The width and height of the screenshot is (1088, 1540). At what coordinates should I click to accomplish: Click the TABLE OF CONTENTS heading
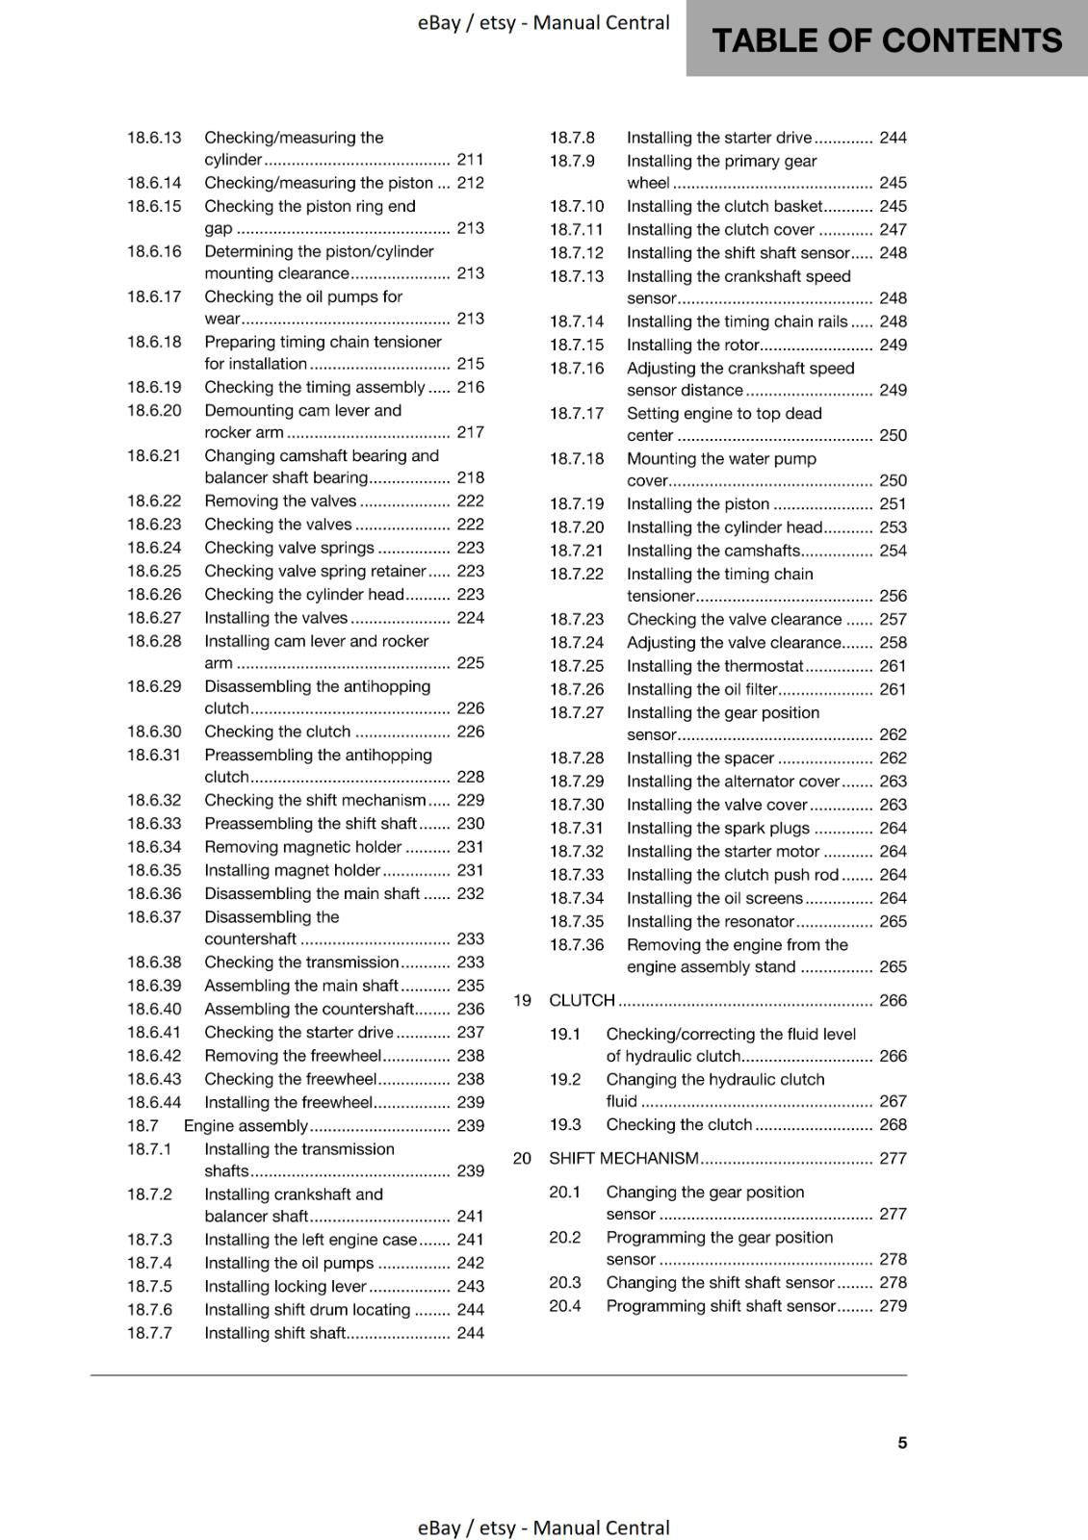886,40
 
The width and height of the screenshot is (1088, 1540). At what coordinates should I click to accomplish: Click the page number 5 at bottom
902,1442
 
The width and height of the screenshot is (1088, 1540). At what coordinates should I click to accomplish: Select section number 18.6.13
154,138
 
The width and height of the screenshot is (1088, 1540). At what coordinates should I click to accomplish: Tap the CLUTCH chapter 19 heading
582,1000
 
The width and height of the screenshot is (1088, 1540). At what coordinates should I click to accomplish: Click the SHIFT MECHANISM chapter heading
623,1158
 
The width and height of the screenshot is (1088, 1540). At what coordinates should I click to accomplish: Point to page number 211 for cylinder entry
470,160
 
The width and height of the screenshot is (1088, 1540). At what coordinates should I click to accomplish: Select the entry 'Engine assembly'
246,1125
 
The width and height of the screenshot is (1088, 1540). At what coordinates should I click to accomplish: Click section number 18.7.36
577,945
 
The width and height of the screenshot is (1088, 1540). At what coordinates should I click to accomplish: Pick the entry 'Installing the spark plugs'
717,828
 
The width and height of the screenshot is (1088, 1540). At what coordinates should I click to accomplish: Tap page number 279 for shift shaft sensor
893,1306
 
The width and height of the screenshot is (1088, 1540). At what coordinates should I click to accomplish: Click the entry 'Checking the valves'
278,525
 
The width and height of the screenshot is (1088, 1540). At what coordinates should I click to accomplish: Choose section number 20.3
565,1282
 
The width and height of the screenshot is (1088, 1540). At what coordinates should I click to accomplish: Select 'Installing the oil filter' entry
702,689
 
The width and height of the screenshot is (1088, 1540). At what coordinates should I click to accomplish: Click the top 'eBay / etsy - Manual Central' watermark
543,23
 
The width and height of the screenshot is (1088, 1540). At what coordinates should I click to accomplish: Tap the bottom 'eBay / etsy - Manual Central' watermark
543,1527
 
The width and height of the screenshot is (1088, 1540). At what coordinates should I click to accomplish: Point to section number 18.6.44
154,1102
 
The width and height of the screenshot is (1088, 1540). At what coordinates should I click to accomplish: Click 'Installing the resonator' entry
710,921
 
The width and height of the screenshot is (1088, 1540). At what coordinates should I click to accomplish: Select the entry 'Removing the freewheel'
293,1056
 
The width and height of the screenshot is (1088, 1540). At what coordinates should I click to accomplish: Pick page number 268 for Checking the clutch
893,1124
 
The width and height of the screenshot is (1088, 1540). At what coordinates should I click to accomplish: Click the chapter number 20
522,1158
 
